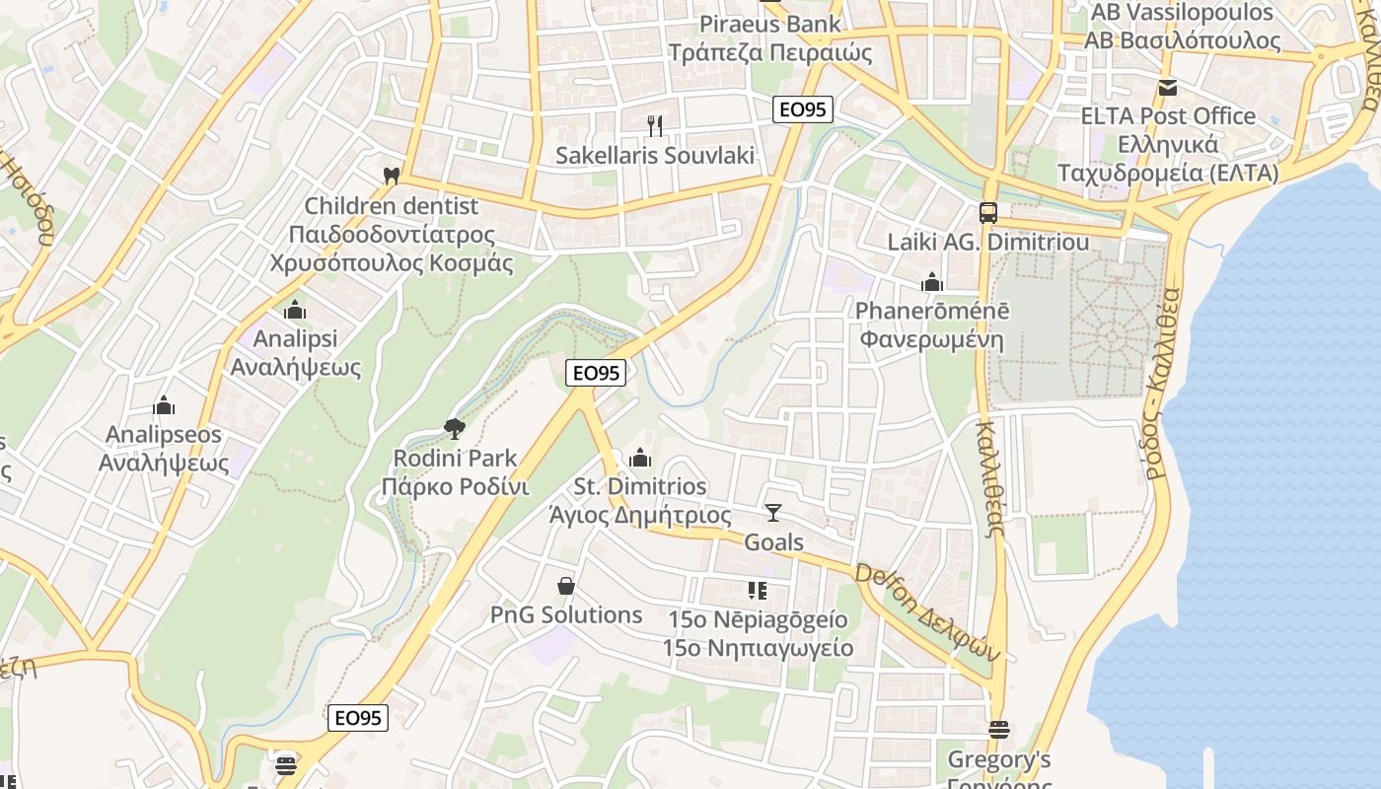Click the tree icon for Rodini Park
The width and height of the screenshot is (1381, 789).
(455, 429)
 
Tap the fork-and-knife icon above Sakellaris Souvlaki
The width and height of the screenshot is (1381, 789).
(654, 125)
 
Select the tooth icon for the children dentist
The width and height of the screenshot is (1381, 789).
(391, 176)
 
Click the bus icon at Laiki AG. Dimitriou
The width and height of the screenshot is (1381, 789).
(987, 212)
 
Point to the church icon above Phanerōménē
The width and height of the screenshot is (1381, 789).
(931, 283)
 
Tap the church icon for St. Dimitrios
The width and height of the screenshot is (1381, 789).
(640, 458)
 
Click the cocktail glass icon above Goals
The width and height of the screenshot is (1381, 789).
(773, 513)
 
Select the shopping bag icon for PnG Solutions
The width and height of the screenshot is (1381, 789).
(566, 586)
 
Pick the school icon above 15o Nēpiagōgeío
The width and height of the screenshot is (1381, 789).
(757, 591)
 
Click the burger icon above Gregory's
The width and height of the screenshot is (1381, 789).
(998, 731)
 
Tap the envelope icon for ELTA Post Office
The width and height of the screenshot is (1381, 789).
(1168, 88)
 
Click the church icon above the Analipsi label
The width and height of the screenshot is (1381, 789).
(295, 311)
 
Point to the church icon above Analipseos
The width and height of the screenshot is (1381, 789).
(164, 405)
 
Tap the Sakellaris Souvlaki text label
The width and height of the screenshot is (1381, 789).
(654, 155)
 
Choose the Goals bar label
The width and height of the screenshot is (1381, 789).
(773, 542)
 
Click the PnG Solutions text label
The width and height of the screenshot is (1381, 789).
(566, 615)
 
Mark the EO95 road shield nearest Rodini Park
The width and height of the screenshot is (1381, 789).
(596, 373)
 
